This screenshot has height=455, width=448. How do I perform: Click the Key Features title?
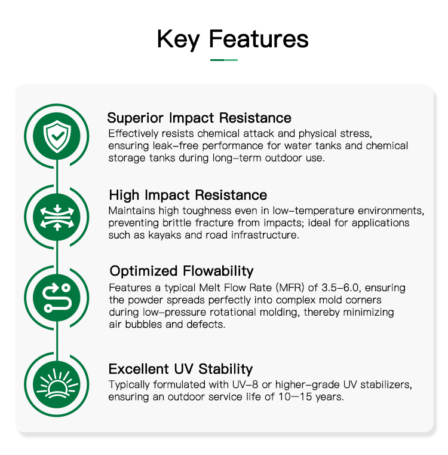(x=232, y=39)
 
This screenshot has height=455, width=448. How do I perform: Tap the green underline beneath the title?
(x=224, y=60)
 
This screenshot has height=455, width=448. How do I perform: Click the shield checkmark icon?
(x=57, y=136)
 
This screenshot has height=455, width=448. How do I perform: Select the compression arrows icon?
(x=57, y=218)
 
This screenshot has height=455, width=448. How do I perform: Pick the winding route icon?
(x=57, y=298)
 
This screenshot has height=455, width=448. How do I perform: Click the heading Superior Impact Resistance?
(x=199, y=118)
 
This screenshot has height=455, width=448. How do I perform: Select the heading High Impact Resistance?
(x=188, y=195)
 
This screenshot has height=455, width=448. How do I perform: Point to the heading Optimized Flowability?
(x=182, y=271)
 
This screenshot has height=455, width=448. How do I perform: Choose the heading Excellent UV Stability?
(x=180, y=369)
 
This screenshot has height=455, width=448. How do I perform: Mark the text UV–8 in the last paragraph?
(x=245, y=385)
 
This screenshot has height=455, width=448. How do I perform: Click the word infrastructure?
(x=265, y=235)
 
